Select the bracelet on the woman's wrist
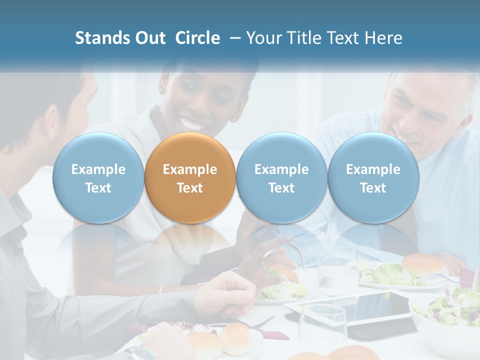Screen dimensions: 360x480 click(161, 289)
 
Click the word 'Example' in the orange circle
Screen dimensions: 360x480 click(190, 169)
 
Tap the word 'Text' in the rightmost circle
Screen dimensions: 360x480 click(373, 188)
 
